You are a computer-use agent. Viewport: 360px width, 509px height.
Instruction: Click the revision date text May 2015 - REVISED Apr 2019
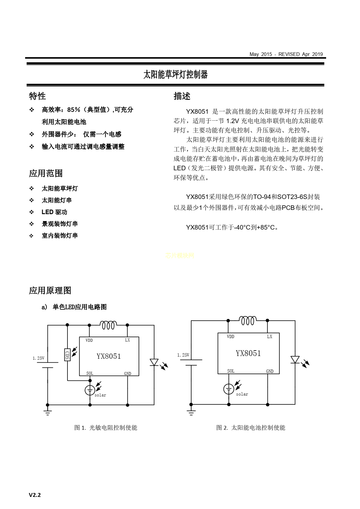pyautogui.click(x=286, y=54)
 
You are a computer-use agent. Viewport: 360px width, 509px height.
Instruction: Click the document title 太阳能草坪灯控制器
pyautogui.click(x=175, y=74)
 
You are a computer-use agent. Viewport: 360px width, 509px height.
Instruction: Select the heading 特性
pyautogui.click(x=38, y=96)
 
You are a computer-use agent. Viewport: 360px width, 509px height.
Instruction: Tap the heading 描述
pyautogui.click(x=182, y=96)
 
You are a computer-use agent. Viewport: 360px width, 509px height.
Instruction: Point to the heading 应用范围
pyautogui.click(x=46, y=173)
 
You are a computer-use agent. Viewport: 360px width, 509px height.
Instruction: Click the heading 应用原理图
pyautogui.click(x=50, y=290)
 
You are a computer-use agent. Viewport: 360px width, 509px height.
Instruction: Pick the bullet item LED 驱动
pyautogui.click(x=54, y=212)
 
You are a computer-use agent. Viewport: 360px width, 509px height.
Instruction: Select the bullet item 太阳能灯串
pyautogui.click(x=57, y=200)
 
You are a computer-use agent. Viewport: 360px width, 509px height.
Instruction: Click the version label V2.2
pyautogui.click(x=35, y=495)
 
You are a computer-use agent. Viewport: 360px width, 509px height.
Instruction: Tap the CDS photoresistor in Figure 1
pyautogui.click(x=67, y=354)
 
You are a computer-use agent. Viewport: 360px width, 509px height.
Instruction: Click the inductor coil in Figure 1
pyautogui.click(x=108, y=325)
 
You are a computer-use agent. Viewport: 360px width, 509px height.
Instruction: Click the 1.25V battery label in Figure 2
pyautogui.click(x=183, y=355)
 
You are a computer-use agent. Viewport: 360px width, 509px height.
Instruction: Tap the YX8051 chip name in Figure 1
pyautogui.click(x=109, y=356)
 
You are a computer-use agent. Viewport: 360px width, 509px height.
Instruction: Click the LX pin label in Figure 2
pyautogui.click(x=270, y=337)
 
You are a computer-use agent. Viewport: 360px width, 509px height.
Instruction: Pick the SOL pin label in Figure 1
pyautogui.click(x=90, y=373)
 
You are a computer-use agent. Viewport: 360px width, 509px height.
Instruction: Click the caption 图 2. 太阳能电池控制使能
pyautogui.click(x=250, y=428)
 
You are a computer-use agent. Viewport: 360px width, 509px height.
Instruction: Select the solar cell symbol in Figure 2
pyautogui.click(x=229, y=389)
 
